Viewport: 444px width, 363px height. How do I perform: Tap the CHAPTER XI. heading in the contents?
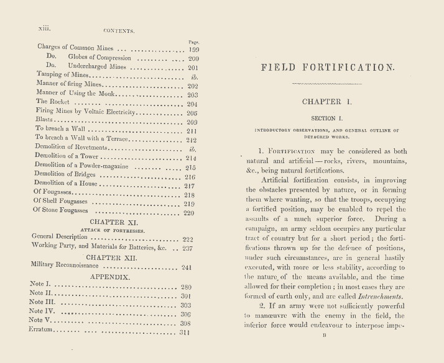114,222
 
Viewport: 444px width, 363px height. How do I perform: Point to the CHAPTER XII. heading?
115,256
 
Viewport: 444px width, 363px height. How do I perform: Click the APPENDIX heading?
114,277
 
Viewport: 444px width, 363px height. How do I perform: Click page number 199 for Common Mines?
193,48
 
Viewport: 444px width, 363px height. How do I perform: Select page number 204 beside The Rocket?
192,105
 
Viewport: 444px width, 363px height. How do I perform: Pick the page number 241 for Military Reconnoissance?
192,267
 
